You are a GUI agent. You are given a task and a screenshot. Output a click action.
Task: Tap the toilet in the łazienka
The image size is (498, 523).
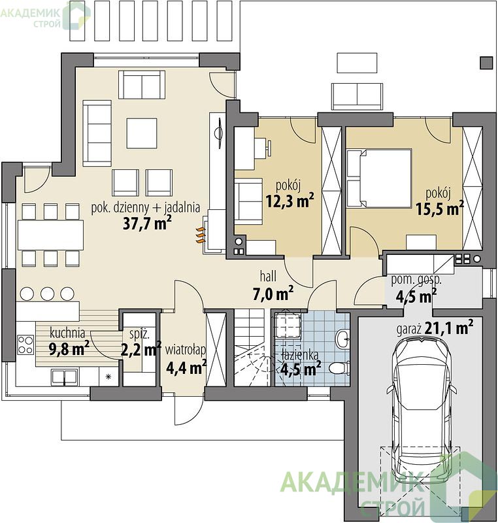[339, 368]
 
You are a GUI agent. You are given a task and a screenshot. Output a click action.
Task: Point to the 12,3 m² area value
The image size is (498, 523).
[290, 200]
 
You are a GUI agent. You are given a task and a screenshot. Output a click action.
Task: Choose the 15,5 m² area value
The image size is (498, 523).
[440, 208]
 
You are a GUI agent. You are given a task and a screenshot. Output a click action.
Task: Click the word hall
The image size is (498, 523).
[268, 276]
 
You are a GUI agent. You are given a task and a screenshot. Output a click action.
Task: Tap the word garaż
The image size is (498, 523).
[410, 329]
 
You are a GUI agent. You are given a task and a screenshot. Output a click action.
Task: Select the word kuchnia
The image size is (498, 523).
[67, 333]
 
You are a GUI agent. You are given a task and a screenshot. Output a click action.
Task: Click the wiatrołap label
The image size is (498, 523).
[186, 350]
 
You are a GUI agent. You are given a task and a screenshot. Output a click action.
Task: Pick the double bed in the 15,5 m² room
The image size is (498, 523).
[379, 178]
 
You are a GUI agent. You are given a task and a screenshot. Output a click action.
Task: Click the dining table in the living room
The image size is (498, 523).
[51, 235]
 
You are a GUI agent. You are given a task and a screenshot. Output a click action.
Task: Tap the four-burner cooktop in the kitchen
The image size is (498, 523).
[25, 345]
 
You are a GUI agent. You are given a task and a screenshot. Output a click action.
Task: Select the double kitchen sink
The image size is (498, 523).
[64, 376]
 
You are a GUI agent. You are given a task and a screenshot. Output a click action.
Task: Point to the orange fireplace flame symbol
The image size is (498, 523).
[200, 235]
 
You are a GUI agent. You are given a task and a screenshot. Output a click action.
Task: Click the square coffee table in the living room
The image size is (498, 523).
[142, 133]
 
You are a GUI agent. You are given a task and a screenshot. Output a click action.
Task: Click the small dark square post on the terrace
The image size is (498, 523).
[486, 63]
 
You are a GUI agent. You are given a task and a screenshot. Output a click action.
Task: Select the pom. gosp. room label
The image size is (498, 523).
[416, 280]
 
